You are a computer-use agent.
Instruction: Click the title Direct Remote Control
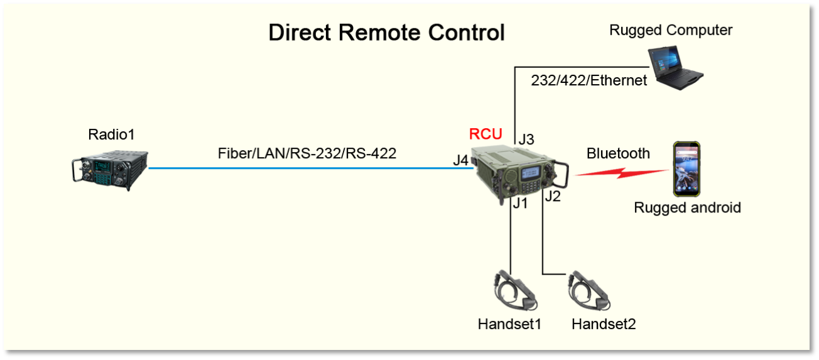tap(386, 33)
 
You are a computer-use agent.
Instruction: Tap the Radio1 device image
tap(109, 168)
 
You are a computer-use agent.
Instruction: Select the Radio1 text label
tap(111, 134)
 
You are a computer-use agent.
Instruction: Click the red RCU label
tap(485, 134)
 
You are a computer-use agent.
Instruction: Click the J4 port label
tap(461, 160)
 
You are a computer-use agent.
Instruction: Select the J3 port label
tap(526, 139)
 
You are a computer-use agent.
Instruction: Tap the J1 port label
tap(519, 204)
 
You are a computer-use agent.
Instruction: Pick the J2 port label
tap(553, 196)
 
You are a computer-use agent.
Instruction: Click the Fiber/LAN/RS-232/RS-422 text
tap(307, 153)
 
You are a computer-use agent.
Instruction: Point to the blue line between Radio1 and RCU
tap(308, 168)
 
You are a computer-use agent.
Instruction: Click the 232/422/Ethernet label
tap(589, 80)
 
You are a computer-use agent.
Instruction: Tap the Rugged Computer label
tap(671, 30)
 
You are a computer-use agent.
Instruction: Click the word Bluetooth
tap(618, 153)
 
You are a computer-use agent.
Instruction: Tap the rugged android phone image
tap(686, 169)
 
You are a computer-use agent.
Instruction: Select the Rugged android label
tap(687, 207)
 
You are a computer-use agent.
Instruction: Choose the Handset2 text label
tap(604, 324)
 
